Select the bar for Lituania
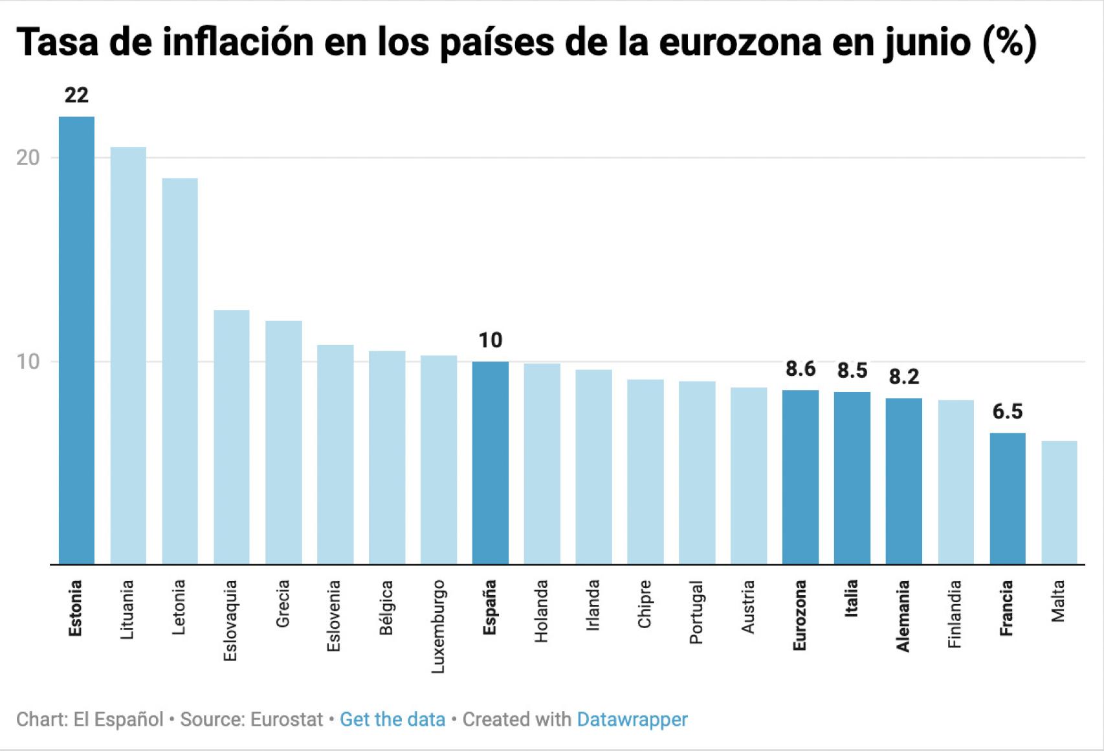click(x=128, y=356)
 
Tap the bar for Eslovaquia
click(x=232, y=437)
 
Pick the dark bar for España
click(x=490, y=463)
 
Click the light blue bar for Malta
click(x=1059, y=503)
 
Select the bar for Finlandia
click(x=956, y=482)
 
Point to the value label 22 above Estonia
click(x=76, y=96)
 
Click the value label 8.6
click(x=800, y=369)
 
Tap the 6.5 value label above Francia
click(x=1007, y=411)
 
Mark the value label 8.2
click(x=903, y=376)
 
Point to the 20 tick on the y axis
click(x=28, y=158)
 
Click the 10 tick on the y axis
click(x=28, y=362)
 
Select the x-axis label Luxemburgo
click(x=439, y=626)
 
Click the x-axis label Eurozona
click(x=800, y=615)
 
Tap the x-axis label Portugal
click(x=696, y=612)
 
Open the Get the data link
click(x=392, y=719)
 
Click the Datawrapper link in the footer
click(x=632, y=719)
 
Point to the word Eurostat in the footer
click(x=286, y=719)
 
